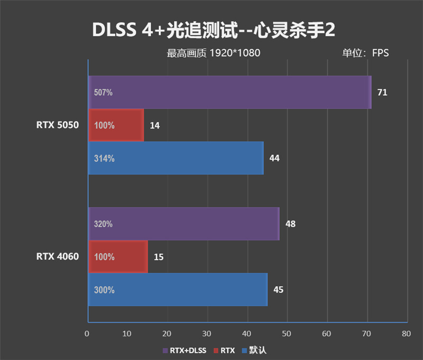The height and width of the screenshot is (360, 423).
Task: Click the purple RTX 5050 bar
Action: [229, 93]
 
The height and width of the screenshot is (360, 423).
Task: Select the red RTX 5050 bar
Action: [116, 125]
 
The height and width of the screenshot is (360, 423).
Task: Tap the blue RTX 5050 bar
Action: [176, 158]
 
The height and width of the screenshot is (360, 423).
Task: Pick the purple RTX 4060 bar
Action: [183, 224]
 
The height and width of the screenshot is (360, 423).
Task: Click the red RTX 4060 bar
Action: [117, 257]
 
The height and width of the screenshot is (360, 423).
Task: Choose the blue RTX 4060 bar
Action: [178, 290]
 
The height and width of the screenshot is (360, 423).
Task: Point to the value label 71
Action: [382, 93]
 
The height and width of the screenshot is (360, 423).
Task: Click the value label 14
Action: [155, 126]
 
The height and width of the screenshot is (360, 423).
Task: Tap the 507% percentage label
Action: [103, 93]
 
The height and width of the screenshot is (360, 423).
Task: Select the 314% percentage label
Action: [104, 158]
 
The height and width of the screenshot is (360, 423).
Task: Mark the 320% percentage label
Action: [104, 224]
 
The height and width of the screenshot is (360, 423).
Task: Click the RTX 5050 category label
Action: [57, 125]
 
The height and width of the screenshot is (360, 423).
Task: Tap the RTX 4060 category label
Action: [57, 257]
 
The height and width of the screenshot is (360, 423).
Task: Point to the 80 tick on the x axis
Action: [406, 334]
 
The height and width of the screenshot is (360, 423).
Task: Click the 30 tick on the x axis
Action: [207, 334]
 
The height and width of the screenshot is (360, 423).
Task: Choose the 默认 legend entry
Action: [253, 350]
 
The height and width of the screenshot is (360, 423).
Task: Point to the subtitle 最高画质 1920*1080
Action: [214, 53]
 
